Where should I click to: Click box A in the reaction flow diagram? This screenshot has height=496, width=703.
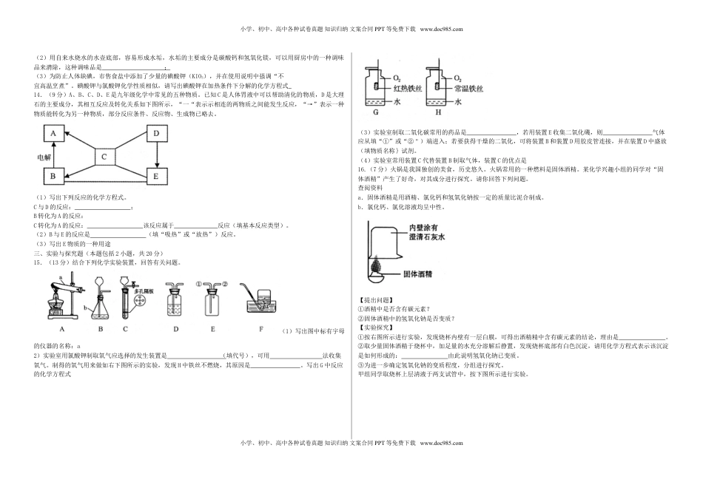coord(53,133)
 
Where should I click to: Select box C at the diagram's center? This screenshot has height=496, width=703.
coord(104,156)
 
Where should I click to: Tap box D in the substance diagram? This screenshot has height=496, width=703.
coord(156,133)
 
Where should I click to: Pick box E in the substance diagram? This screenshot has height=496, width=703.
coord(156,177)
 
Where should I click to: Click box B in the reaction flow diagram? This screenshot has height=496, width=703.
coord(53,177)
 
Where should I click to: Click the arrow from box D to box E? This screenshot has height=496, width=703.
coord(156,155)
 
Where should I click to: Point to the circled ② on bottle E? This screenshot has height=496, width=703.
coord(226,283)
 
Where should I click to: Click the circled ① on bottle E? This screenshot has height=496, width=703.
coord(198,283)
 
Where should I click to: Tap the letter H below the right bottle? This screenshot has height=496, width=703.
coord(438,112)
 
